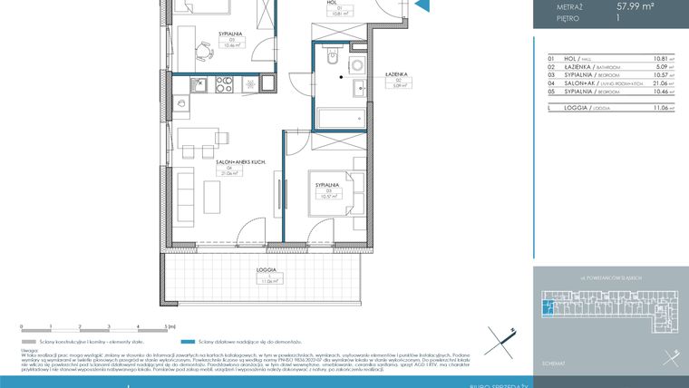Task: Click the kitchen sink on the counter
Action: pyautogui.click(x=200, y=86)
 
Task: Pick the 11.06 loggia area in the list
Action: pyautogui.click(x=659, y=108)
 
